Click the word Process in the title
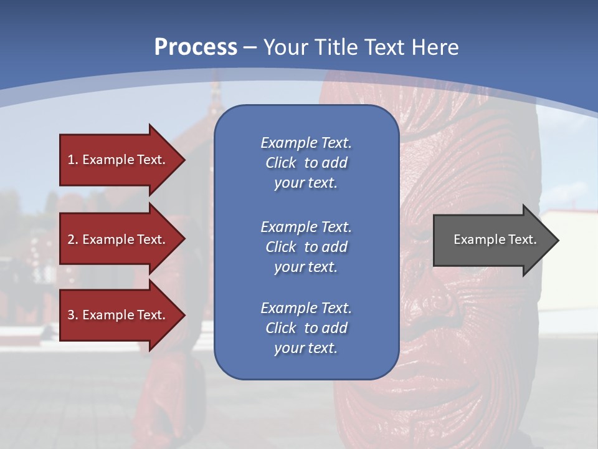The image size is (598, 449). [x=196, y=47]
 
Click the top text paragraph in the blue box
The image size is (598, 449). [x=306, y=163]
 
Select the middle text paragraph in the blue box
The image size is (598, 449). [x=306, y=246]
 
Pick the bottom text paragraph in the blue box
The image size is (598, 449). [x=306, y=328]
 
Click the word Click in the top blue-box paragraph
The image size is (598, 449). [x=280, y=163]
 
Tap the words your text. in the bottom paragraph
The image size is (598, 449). [x=306, y=348]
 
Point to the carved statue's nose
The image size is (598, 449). [x=439, y=306]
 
